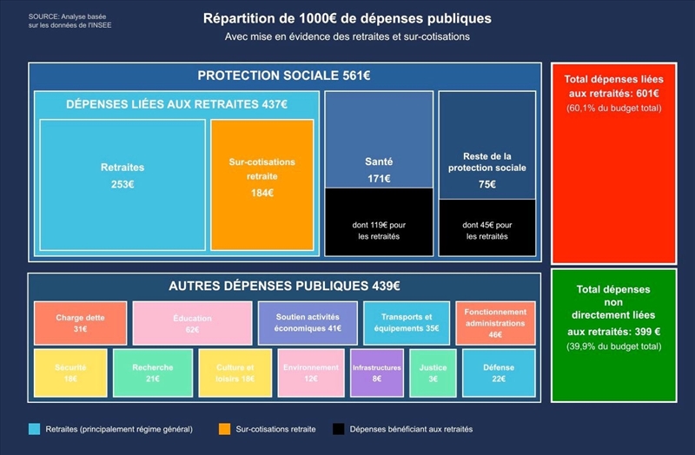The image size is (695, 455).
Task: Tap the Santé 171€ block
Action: coord(379,139)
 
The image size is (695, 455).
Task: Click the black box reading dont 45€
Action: coord(486,227)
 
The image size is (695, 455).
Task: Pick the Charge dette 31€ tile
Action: coord(80,323)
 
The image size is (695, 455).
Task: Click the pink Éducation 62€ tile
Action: coord(192,323)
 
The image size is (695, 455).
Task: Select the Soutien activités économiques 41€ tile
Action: coord(308,323)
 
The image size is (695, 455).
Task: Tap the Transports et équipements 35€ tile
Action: coord(407,323)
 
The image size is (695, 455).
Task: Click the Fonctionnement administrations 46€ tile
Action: coord(495,323)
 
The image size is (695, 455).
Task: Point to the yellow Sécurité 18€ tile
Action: coord(70,373)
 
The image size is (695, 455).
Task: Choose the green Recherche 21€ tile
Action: coord(153,373)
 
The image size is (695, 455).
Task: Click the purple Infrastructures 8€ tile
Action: coord(377,373)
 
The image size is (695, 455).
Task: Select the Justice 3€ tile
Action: coord(433,373)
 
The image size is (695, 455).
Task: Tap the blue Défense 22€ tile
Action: coord(499,373)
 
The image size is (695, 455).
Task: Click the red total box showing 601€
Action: coord(613,163)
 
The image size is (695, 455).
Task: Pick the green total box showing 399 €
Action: coord(613,335)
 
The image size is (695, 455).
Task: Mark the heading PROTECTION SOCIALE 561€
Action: coord(284,76)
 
